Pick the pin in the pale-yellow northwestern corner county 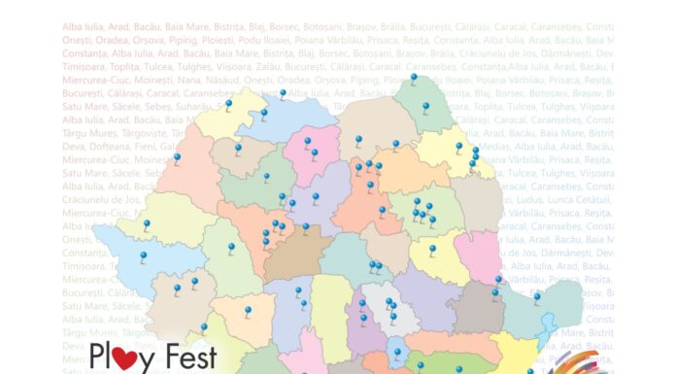[x=229, y=105]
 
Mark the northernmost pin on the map [x=413, y=79]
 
